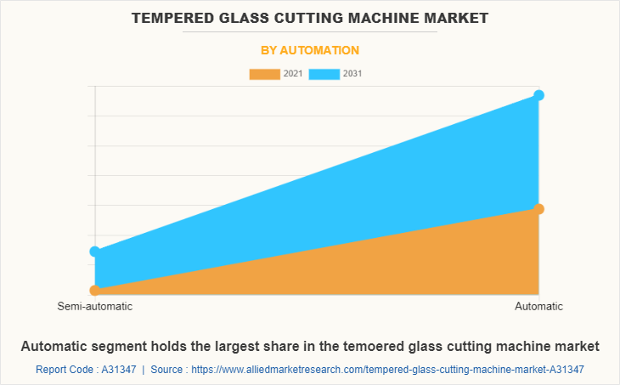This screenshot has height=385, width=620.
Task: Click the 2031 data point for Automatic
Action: (538, 95)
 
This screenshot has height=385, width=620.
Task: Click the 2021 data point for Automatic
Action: (538, 209)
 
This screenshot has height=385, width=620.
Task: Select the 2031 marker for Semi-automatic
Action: (95, 252)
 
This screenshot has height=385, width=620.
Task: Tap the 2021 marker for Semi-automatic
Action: (95, 290)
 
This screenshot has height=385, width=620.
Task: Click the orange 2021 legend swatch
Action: (264, 74)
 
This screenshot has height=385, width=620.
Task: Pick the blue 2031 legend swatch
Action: (324, 74)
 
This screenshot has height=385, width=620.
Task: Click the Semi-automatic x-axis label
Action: (95, 306)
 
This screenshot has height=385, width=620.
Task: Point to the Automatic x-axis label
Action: (538, 306)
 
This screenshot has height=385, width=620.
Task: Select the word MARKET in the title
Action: (459, 17)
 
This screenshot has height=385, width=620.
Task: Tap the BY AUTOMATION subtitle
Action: (310, 50)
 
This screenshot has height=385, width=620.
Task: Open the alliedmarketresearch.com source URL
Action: (388, 370)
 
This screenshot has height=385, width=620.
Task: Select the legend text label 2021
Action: (293, 74)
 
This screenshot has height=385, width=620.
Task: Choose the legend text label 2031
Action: (352, 74)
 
